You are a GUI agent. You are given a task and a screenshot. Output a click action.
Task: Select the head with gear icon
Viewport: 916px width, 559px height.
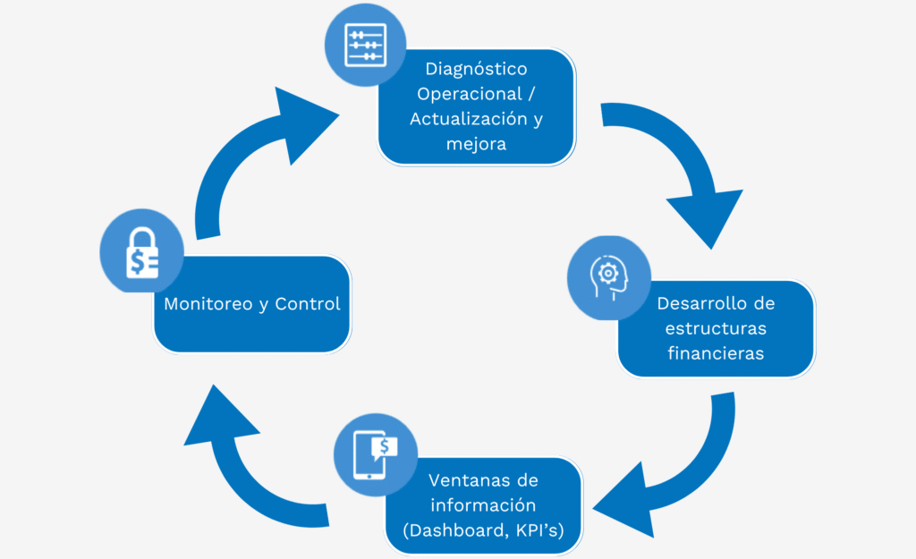coord(609,275)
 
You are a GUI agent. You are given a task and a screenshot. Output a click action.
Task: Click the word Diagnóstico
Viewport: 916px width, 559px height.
coord(476,69)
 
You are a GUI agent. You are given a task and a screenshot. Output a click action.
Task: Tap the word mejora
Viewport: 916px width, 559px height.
coord(476,143)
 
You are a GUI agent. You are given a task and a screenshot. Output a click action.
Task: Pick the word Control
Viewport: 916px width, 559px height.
coord(308,304)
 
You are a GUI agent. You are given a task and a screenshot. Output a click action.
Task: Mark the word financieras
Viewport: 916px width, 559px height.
coord(716,353)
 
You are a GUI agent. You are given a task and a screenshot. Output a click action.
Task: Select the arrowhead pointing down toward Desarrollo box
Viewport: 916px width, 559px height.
coord(708,215)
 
